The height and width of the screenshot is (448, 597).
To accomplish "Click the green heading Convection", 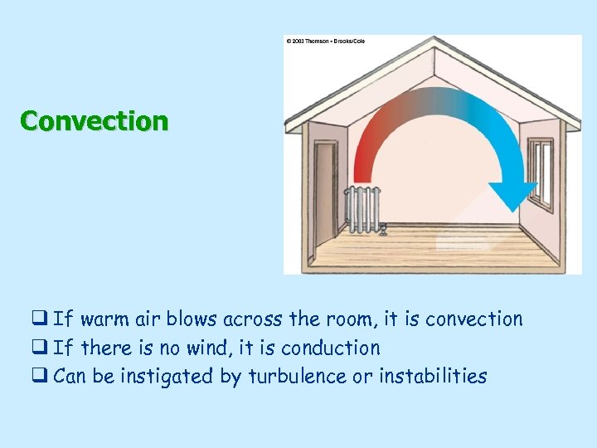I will pyautogui.click(x=94, y=121).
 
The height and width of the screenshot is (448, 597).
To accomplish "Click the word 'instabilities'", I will pyautogui.click(x=433, y=377).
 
